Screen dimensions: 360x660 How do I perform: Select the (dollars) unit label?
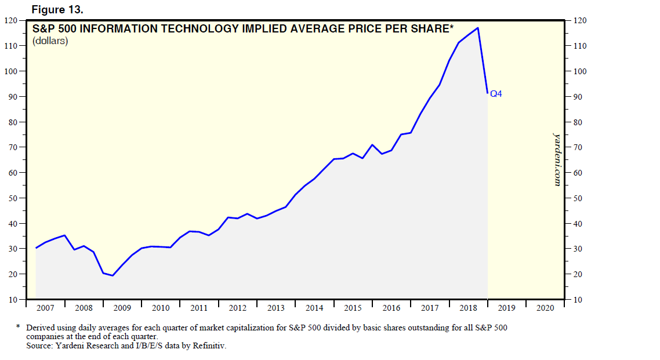point(50,41)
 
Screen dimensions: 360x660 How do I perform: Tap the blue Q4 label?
point(496,93)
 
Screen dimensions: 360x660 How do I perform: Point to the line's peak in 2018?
point(478,28)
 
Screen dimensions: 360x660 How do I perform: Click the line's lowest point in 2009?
point(113,275)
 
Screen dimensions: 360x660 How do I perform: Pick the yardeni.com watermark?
point(557,159)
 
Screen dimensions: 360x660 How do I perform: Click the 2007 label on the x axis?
point(46,308)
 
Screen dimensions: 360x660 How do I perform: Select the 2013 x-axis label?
point(276,308)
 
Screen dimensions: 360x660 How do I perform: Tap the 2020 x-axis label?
point(545,308)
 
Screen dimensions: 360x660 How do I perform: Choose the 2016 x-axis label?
point(391,308)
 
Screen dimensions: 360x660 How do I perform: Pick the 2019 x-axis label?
point(506,308)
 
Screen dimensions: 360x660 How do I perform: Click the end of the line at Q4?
point(487,93)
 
